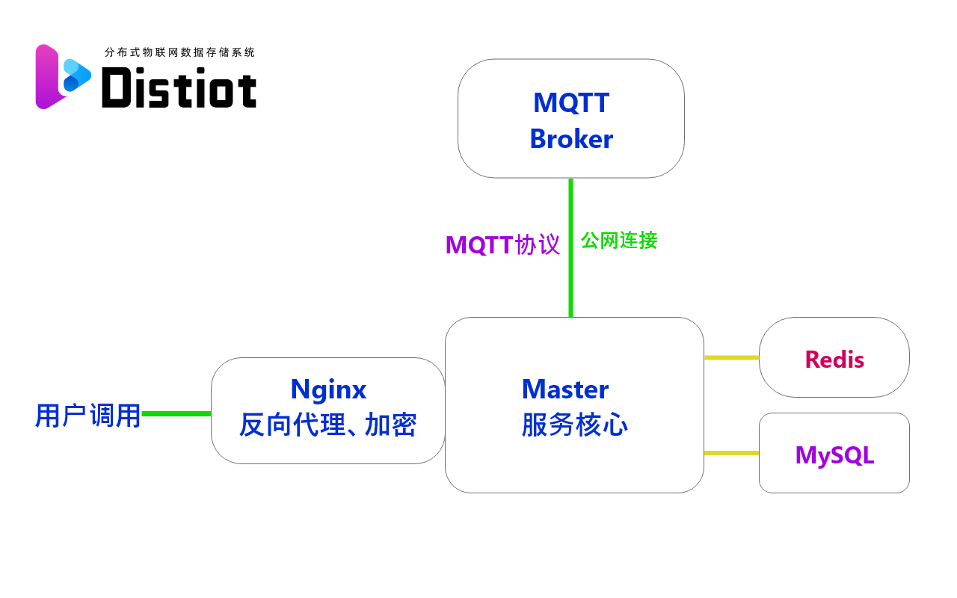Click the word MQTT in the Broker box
click(571, 102)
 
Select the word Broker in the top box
click(571, 139)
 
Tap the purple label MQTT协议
click(502, 245)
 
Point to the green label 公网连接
click(619, 241)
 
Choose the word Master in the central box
click(565, 389)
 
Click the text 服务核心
click(574, 425)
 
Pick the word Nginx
click(328, 389)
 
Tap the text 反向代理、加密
click(327, 425)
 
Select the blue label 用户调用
click(87, 416)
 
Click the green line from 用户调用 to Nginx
click(176, 413)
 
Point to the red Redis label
click(834, 360)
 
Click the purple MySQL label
click(834, 454)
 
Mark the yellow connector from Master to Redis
click(731, 357)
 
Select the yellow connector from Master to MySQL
click(731, 453)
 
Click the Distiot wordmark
click(179, 88)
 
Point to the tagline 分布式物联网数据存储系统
click(179, 52)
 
